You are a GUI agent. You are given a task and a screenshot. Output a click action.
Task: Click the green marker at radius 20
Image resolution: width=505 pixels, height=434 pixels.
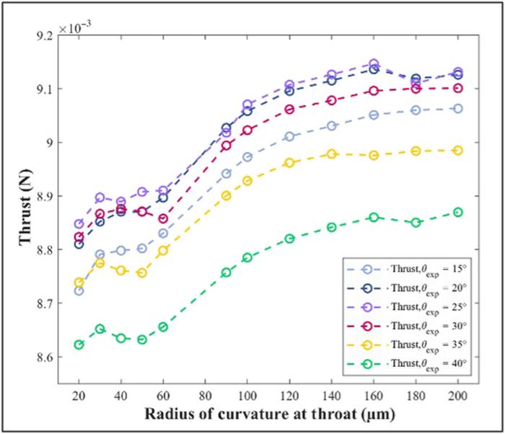[79, 345]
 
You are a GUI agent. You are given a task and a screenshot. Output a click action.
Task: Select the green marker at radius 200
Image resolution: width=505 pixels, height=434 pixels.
[457, 212]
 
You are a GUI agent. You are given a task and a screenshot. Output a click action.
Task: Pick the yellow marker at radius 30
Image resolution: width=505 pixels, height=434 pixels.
[100, 263]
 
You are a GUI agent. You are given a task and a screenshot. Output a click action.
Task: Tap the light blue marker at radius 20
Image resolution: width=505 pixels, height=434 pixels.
[79, 291]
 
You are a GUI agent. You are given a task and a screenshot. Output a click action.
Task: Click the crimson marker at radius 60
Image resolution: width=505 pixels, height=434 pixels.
[163, 218]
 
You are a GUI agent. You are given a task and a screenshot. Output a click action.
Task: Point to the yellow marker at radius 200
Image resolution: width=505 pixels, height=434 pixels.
[457, 150]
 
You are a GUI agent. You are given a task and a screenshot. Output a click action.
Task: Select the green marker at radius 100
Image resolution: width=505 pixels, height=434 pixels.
[247, 257]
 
